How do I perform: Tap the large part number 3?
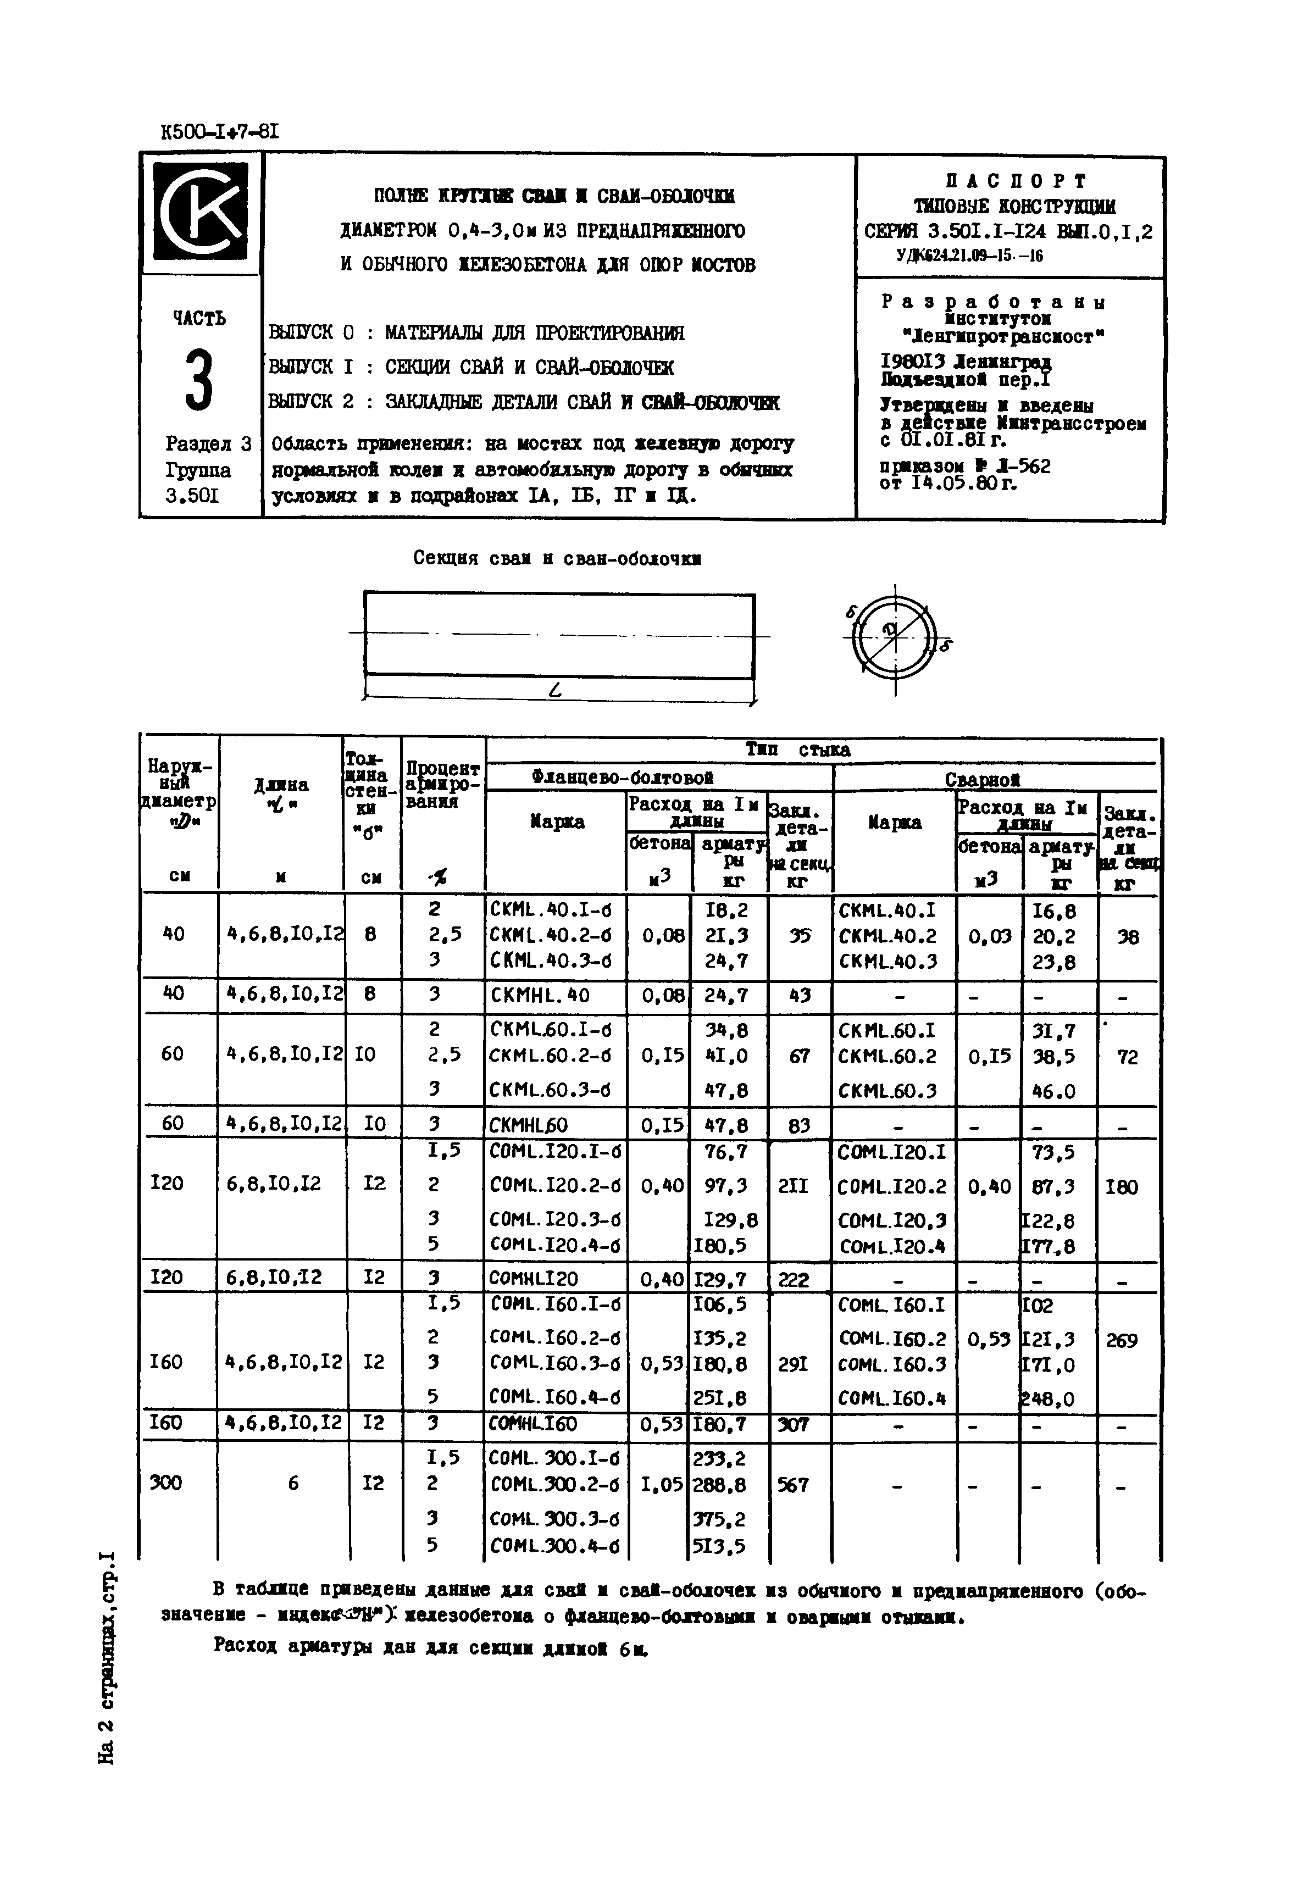point(198,379)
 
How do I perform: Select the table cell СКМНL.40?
point(529,994)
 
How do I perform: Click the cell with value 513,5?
point(718,1545)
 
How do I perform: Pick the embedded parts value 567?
point(793,1485)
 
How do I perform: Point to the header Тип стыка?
point(798,749)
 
